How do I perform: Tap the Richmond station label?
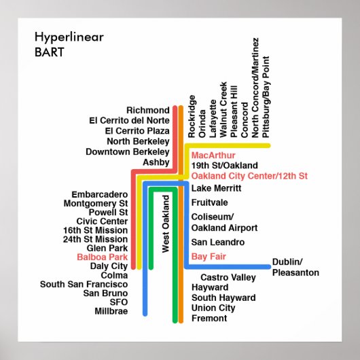pos(147,111)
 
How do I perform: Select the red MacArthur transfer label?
pos(213,156)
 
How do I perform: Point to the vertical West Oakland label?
pos(165,223)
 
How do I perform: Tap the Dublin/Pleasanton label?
pos(295,267)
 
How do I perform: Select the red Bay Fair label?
pos(209,256)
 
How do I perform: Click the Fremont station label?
pos(209,318)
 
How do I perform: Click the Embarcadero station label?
pos(99,193)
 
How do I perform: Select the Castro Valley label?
pos(228,277)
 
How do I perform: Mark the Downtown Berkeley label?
pos(127,151)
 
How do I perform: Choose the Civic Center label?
pos(102,221)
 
